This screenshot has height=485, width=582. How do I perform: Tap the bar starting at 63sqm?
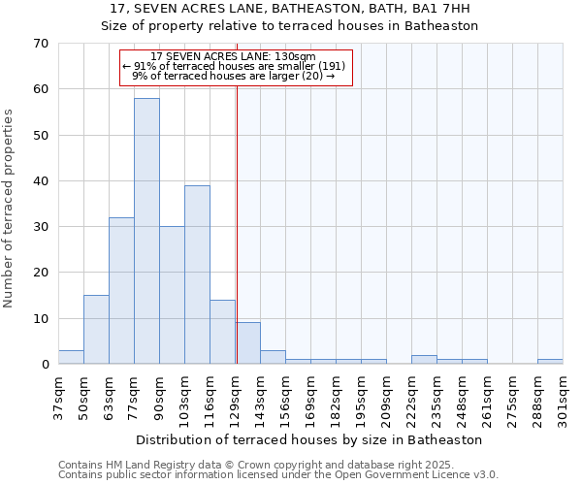click(x=121, y=291)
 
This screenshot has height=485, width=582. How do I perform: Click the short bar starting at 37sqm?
click(x=71, y=357)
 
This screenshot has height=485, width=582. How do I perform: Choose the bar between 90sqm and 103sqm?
click(x=172, y=295)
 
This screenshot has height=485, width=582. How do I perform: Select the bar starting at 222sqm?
click(x=424, y=360)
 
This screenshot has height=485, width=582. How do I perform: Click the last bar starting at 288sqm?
click(x=550, y=362)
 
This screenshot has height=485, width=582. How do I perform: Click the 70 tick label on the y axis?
click(x=40, y=44)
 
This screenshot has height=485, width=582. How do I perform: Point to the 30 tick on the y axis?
click(x=40, y=227)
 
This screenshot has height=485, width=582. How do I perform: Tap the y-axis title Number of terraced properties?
click(x=10, y=209)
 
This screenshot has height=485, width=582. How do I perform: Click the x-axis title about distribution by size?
click(x=309, y=439)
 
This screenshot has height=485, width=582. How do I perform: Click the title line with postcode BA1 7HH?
click(x=290, y=9)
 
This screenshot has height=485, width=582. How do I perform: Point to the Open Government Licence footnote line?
click(x=278, y=475)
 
